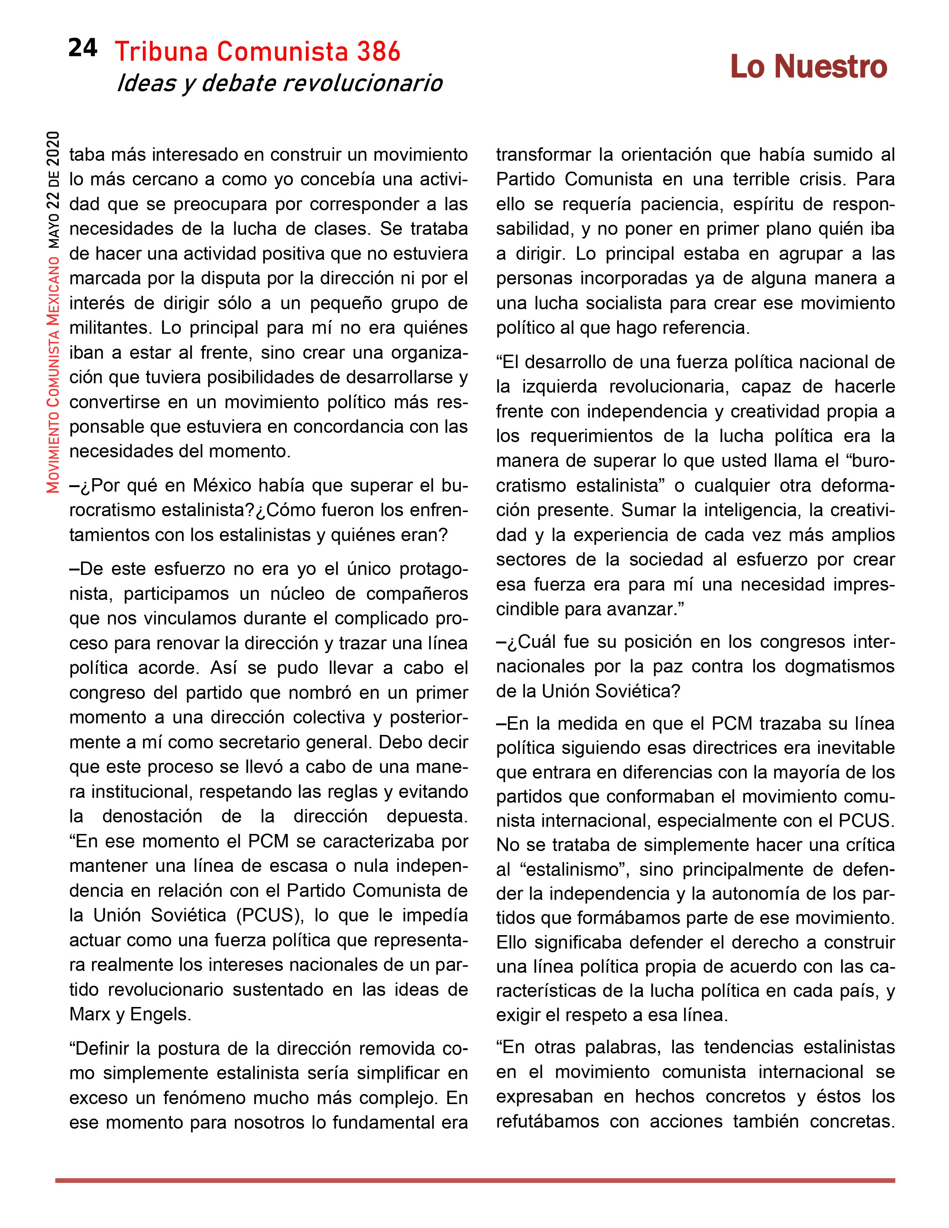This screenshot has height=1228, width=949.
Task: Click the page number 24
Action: tap(83, 49)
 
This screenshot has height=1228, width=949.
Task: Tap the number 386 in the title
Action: tap(378, 52)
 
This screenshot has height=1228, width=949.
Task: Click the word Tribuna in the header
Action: tap(162, 52)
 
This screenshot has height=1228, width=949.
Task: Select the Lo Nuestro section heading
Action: tap(808, 67)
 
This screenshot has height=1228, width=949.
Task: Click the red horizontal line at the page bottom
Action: tap(474, 1181)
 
